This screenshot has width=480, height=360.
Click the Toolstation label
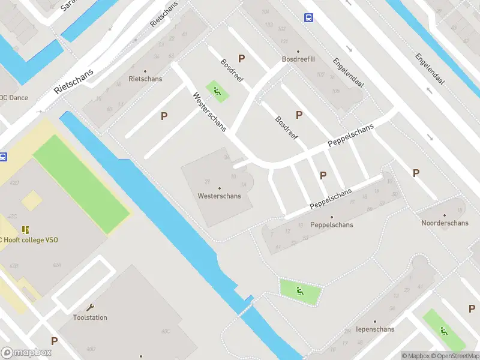[x=90, y=317]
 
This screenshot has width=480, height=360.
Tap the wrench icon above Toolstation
[x=90, y=307]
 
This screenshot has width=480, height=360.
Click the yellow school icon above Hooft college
[x=25, y=230]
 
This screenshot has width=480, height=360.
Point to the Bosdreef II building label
[x=298, y=59]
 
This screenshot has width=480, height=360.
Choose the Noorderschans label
[x=445, y=223]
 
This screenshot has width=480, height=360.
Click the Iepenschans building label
[x=375, y=329]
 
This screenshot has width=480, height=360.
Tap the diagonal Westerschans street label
[x=209, y=112]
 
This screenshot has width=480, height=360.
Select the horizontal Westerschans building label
[x=220, y=196]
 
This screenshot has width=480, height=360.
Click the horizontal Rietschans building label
[x=145, y=79]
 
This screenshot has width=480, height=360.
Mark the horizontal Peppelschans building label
[x=331, y=225]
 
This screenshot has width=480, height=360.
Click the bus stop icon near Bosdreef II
[x=308, y=18]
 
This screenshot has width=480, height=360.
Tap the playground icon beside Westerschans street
[x=217, y=92]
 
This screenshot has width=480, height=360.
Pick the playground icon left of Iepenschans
[x=299, y=292]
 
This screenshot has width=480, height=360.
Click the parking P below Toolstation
[x=54, y=341]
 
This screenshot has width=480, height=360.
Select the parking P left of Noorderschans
[x=416, y=173]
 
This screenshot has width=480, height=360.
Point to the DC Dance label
[x=13, y=97]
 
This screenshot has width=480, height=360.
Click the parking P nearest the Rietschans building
[x=163, y=116]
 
